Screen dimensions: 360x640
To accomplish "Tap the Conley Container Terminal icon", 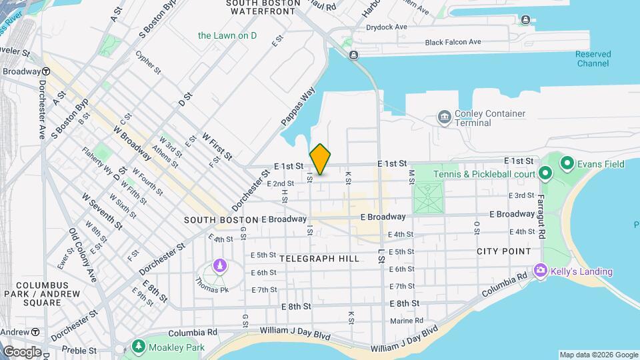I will [x=444, y=117].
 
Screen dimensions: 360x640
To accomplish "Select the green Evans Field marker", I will [x=567, y=162].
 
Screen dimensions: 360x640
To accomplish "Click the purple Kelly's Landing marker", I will [x=540, y=271].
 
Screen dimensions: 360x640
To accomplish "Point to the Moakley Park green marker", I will [x=138, y=347].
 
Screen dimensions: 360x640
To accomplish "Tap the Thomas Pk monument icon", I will [x=219, y=267].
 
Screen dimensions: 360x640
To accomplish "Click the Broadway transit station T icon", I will [x=46, y=71].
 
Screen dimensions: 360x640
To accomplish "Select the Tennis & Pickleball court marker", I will [x=545, y=174].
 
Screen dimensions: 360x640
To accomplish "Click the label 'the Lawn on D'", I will [x=227, y=35].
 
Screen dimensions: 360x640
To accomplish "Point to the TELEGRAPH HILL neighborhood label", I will [x=319, y=258].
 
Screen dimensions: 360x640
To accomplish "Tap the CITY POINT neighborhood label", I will [x=503, y=251].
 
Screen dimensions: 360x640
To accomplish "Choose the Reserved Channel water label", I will [x=593, y=59].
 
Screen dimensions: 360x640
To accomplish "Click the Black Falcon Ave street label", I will [x=453, y=42].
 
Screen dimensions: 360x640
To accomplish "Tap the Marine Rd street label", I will [x=407, y=321].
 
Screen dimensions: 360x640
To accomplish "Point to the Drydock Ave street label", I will [x=387, y=27].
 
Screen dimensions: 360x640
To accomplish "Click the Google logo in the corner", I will [x=21, y=351].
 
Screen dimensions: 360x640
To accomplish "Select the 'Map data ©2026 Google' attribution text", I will [x=598, y=355].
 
